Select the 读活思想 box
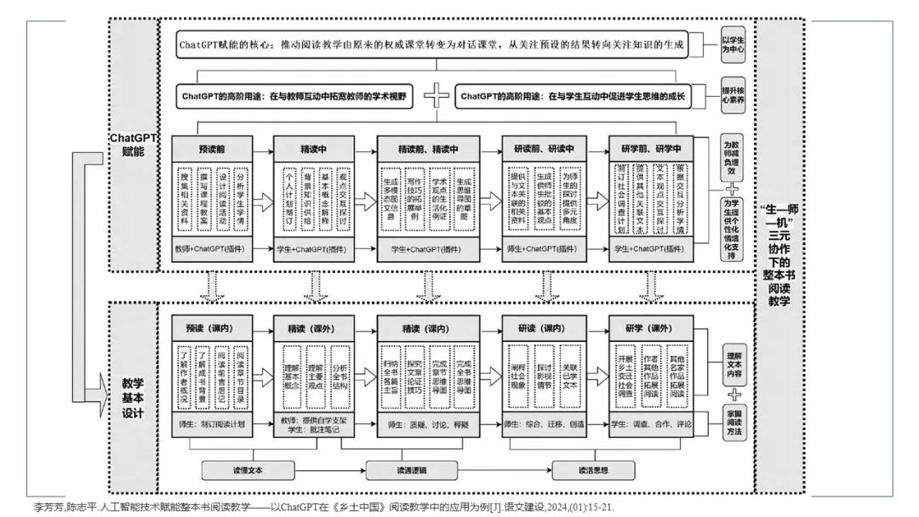593,469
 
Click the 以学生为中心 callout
733,44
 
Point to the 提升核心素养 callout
733,95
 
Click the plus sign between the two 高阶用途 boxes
437,96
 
